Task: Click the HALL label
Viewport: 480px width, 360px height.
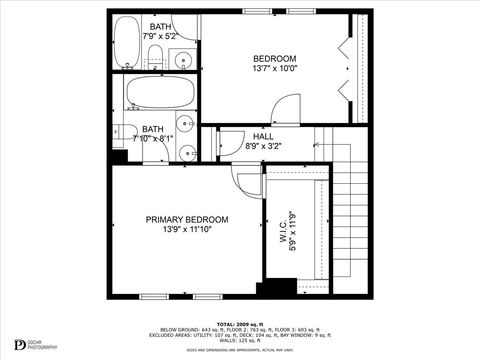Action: [263, 136]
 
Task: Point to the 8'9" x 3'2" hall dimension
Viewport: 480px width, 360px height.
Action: [263, 147]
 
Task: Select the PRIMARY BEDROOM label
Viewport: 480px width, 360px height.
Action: [187, 219]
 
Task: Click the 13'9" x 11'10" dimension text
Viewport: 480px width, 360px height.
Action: [187, 230]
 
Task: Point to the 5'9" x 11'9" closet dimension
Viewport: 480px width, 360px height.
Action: [294, 232]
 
